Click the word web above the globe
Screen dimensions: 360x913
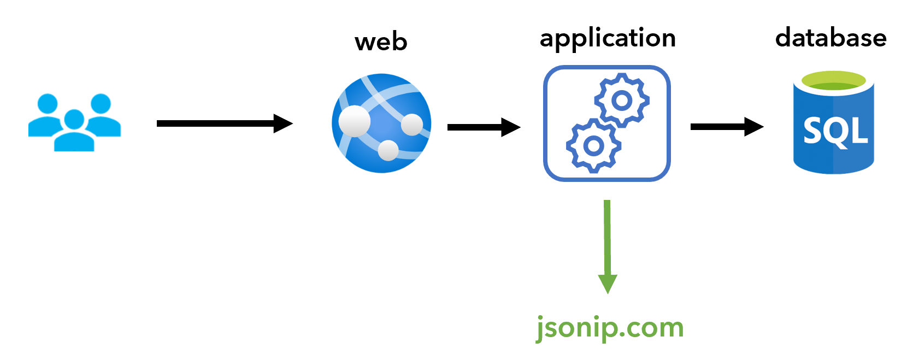[x=381, y=42]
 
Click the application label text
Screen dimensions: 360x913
[x=608, y=38]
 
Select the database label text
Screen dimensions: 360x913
[x=830, y=38]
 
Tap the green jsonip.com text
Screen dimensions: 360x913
[x=610, y=327]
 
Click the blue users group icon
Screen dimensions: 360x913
[x=74, y=122]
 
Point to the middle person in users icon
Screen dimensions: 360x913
[x=74, y=131]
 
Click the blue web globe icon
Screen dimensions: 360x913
[x=381, y=123]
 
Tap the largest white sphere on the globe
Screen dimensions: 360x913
[x=354, y=121]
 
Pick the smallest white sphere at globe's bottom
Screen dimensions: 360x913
[x=388, y=150]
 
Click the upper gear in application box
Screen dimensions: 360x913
[x=622, y=101]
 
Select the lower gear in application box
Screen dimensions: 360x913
[x=593, y=145]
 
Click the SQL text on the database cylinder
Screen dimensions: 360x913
[x=835, y=131]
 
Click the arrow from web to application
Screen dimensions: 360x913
[x=481, y=127]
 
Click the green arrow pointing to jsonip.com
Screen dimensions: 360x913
[x=607, y=240]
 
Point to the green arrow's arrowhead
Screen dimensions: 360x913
[x=608, y=283]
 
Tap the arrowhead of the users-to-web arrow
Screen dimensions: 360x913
[x=282, y=123]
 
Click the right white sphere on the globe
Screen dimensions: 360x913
[x=412, y=125]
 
